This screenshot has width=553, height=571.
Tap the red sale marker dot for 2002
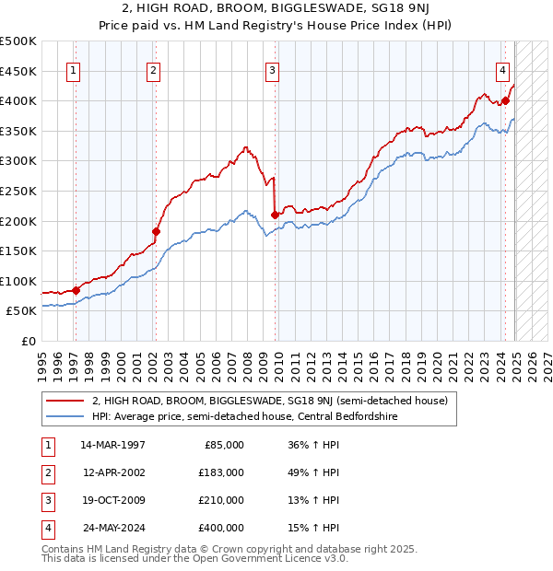click(x=156, y=231)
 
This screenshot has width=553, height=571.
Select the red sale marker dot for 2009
click(x=275, y=215)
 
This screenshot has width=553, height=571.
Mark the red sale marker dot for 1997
click(x=76, y=290)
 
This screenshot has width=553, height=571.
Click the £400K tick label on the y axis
click(x=18, y=100)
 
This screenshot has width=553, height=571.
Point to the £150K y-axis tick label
click(x=18, y=251)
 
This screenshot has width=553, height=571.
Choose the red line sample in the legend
click(x=65, y=401)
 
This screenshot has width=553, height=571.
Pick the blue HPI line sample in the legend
click(x=65, y=417)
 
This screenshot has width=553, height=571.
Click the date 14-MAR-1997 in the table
click(x=112, y=445)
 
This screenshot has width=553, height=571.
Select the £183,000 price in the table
click(x=221, y=472)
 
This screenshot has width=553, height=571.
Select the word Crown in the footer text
click(x=218, y=549)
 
